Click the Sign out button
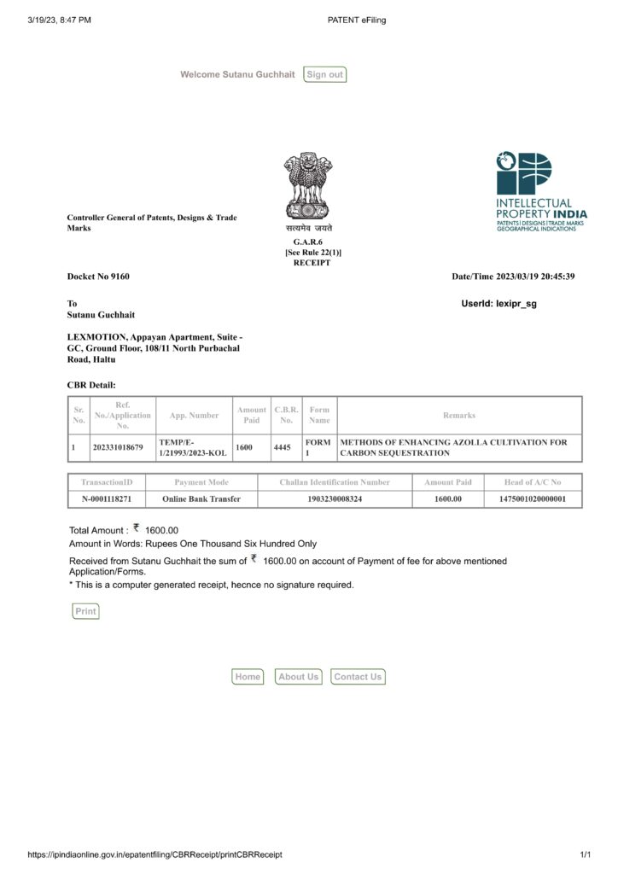(324, 74)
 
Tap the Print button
(85, 611)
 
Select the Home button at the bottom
(248, 677)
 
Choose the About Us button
(298, 677)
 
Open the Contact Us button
(358, 677)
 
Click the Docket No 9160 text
(98, 277)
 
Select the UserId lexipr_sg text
(498, 303)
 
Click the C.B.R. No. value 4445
(283, 447)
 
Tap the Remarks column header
(459, 416)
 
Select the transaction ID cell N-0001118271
(107, 498)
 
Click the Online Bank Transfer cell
(201, 498)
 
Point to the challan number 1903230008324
(335, 498)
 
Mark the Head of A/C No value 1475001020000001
(532, 498)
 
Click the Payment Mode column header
(201, 482)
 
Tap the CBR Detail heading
(91, 385)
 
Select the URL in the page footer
(154, 854)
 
